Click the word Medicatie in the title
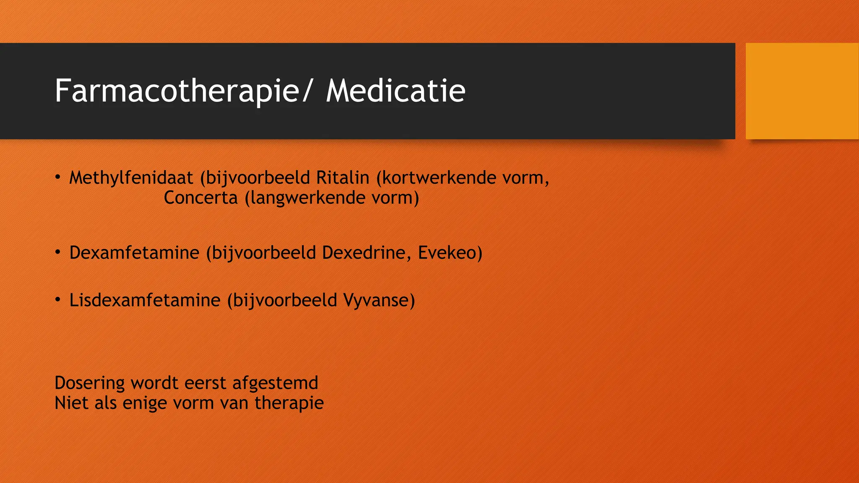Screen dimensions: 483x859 click(396, 91)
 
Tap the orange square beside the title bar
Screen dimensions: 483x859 click(802, 91)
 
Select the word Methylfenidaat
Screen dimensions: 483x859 click(131, 178)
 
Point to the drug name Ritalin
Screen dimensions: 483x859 click(342, 178)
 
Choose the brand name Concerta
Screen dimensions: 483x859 click(200, 198)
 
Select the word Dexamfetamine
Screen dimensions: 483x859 click(134, 253)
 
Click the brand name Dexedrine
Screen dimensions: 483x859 click(364, 253)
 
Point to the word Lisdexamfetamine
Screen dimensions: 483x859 click(145, 300)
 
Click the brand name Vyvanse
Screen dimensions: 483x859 click(376, 300)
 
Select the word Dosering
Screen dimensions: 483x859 click(90, 383)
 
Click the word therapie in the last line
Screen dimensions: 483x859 click(289, 403)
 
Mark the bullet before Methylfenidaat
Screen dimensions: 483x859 click(58, 177)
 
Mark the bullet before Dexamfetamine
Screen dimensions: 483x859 click(58, 252)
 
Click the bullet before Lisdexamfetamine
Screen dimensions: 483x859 click(58, 299)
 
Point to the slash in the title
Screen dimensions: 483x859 click(307, 91)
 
